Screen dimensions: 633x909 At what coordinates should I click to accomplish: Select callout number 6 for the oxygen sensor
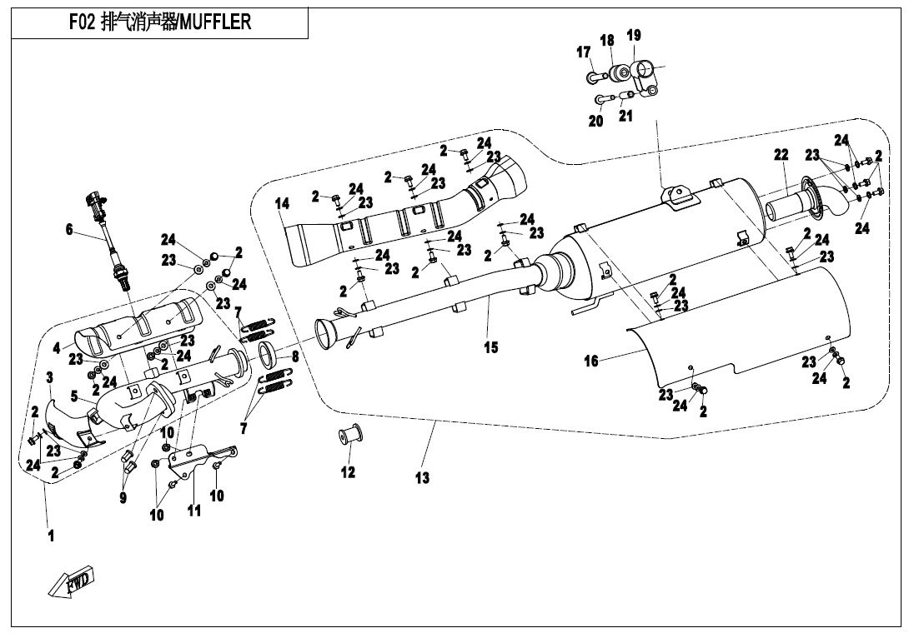pyautogui.click(x=69, y=230)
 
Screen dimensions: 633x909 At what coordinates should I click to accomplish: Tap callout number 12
pyautogui.click(x=348, y=472)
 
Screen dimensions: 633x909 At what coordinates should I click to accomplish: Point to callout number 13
pyautogui.click(x=423, y=478)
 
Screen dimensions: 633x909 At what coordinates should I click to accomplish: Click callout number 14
pyautogui.click(x=282, y=203)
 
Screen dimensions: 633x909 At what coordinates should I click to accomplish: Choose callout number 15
pyautogui.click(x=491, y=347)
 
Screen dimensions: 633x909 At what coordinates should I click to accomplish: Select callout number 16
pyautogui.click(x=590, y=361)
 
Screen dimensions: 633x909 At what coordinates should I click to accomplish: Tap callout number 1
pyautogui.click(x=51, y=536)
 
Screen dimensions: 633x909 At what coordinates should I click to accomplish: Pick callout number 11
pyautogui.click(x=193, y=511)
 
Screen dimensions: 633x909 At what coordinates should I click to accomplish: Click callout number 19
pyautogui.click(x=634, y=35)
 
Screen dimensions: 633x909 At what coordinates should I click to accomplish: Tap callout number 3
pyautogui.click(x=49, y=378)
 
